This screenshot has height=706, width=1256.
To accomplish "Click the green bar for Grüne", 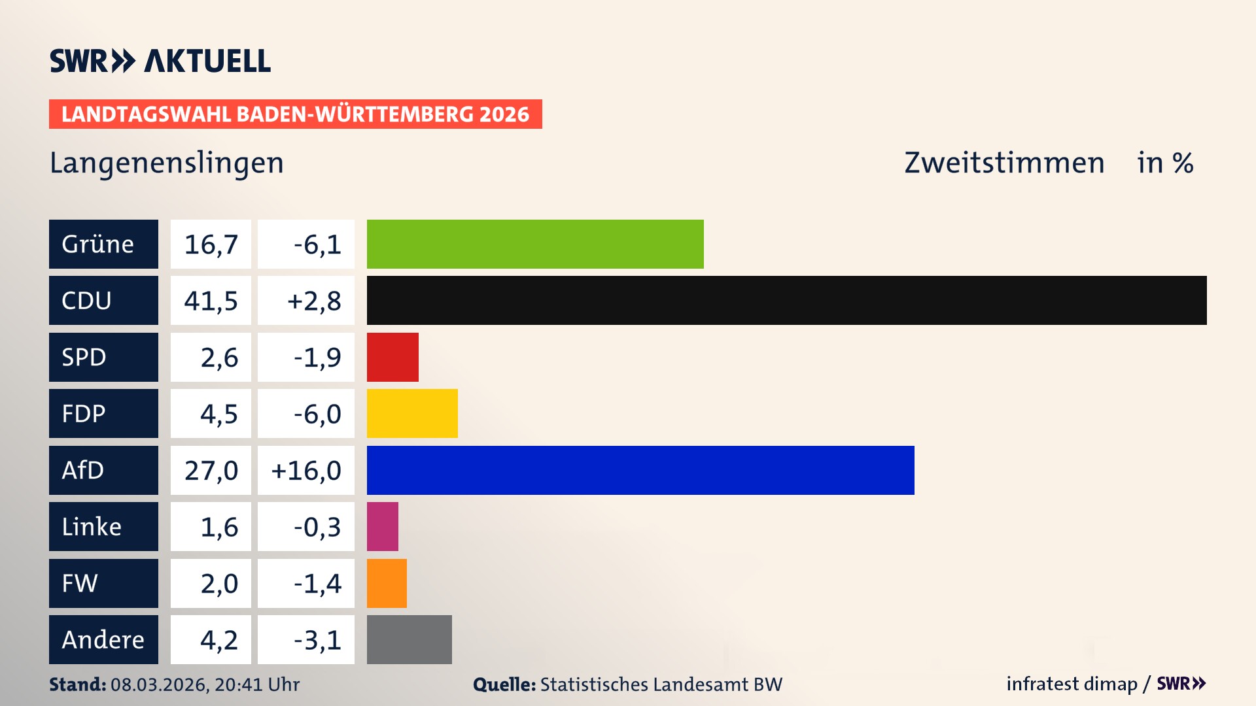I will (x=535, y=244).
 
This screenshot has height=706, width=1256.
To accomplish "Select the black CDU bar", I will (x=786, y=300).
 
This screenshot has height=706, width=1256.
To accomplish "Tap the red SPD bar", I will (x=392, y=357).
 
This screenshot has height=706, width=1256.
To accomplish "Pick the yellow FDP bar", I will (x=412, y=413).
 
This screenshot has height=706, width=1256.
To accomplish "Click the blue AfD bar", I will (x=640, y=470).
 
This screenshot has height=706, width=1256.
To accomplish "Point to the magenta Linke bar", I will (x=383, y=526).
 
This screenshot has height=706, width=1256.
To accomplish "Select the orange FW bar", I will (x=387, y=583).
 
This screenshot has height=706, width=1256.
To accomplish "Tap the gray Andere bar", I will (x=409, y=639).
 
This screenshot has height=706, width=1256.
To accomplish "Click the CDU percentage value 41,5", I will (x=211, y=301).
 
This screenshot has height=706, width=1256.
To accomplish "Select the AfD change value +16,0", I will (x=306, y=470).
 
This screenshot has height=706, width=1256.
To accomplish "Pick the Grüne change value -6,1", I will (x=317, y=244).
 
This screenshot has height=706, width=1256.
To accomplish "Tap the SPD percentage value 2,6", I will (x=218, y=358).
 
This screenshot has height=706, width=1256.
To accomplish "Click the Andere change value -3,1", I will (x=317, y=640).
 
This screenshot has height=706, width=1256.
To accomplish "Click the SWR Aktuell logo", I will (x=160, y=61).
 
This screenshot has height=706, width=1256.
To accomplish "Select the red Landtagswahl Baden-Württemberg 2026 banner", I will (x=295, y=114).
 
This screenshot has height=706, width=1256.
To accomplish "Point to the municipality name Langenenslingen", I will (x=167, y=163).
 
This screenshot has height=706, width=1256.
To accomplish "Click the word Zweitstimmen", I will (x=1004, y=163).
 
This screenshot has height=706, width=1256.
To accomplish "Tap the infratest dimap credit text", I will (x=1072, y=684).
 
